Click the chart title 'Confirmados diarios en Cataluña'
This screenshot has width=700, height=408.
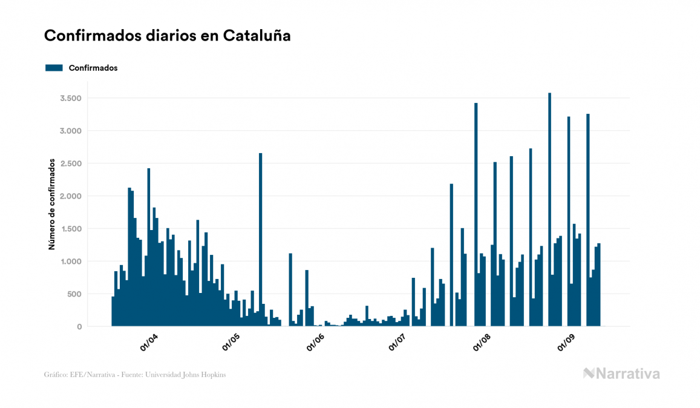[168, 36]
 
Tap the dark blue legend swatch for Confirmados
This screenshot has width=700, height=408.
[54, 68]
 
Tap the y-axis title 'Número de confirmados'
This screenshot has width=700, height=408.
[52, 205]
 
